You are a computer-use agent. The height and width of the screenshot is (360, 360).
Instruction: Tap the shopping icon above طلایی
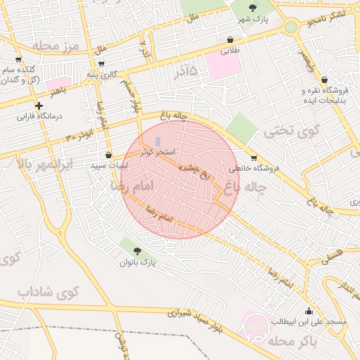pyautogui.click(x=231, y=40)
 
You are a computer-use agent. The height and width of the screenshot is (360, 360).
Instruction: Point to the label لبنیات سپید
pyautogui.click(x=109, y=166)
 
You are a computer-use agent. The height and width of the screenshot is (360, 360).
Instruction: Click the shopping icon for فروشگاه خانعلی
pyautogui.click(x=254, y=157)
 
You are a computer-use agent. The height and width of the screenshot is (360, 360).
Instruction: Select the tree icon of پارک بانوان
pyautogui.click(x=136, y=251)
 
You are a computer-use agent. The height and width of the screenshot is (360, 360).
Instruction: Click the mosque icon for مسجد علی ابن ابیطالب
pyautogui.click(x=308, y=311)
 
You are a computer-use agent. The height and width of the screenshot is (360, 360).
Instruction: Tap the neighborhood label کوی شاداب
pyautogui.click(x=49, y=291)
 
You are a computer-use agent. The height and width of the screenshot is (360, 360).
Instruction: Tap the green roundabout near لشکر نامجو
pyautogui.click(x=290, y=27)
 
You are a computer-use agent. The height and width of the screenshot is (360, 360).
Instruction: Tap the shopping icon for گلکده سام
pyautogui.click(x=18, y=60)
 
